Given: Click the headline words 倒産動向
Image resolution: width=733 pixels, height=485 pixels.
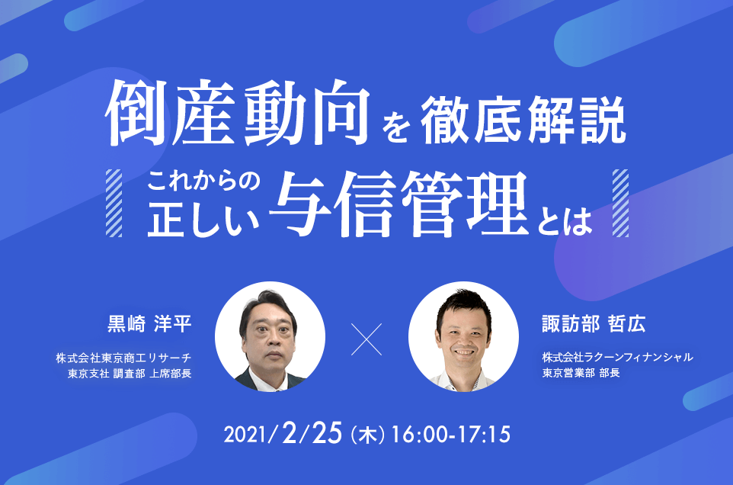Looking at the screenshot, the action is pos(238,113).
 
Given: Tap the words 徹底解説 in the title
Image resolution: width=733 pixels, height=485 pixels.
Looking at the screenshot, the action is pos(523,119).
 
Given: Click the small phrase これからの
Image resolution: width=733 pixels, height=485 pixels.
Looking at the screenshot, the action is pos(203,181).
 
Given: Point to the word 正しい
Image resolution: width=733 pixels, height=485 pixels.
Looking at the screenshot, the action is pos(203,219).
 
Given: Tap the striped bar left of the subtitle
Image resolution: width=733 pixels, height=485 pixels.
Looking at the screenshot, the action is pos(114,203).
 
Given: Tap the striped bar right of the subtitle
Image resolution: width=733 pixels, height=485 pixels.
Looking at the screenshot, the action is pos(620,203).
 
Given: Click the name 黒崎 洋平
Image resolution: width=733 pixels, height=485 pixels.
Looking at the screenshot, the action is pos(149,323).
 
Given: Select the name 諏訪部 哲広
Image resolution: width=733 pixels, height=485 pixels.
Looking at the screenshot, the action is pos(594,323).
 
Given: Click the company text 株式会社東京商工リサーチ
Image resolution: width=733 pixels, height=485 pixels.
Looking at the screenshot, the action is pos(124,358).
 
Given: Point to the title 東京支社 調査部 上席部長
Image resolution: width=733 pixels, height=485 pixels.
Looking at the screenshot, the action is pos(130,374).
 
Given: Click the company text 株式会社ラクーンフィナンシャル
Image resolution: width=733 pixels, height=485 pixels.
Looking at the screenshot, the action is pos(617,358).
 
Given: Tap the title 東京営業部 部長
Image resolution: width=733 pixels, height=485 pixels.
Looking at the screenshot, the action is pos(581,373).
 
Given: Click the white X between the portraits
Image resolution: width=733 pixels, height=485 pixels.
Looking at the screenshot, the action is pos(366,339).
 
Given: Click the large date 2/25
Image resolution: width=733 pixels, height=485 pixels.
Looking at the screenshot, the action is pos(312,432).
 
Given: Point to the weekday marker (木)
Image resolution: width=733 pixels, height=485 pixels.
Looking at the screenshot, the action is pos(367,435).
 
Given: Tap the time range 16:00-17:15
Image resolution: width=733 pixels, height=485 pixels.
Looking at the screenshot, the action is pos(450,435).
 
